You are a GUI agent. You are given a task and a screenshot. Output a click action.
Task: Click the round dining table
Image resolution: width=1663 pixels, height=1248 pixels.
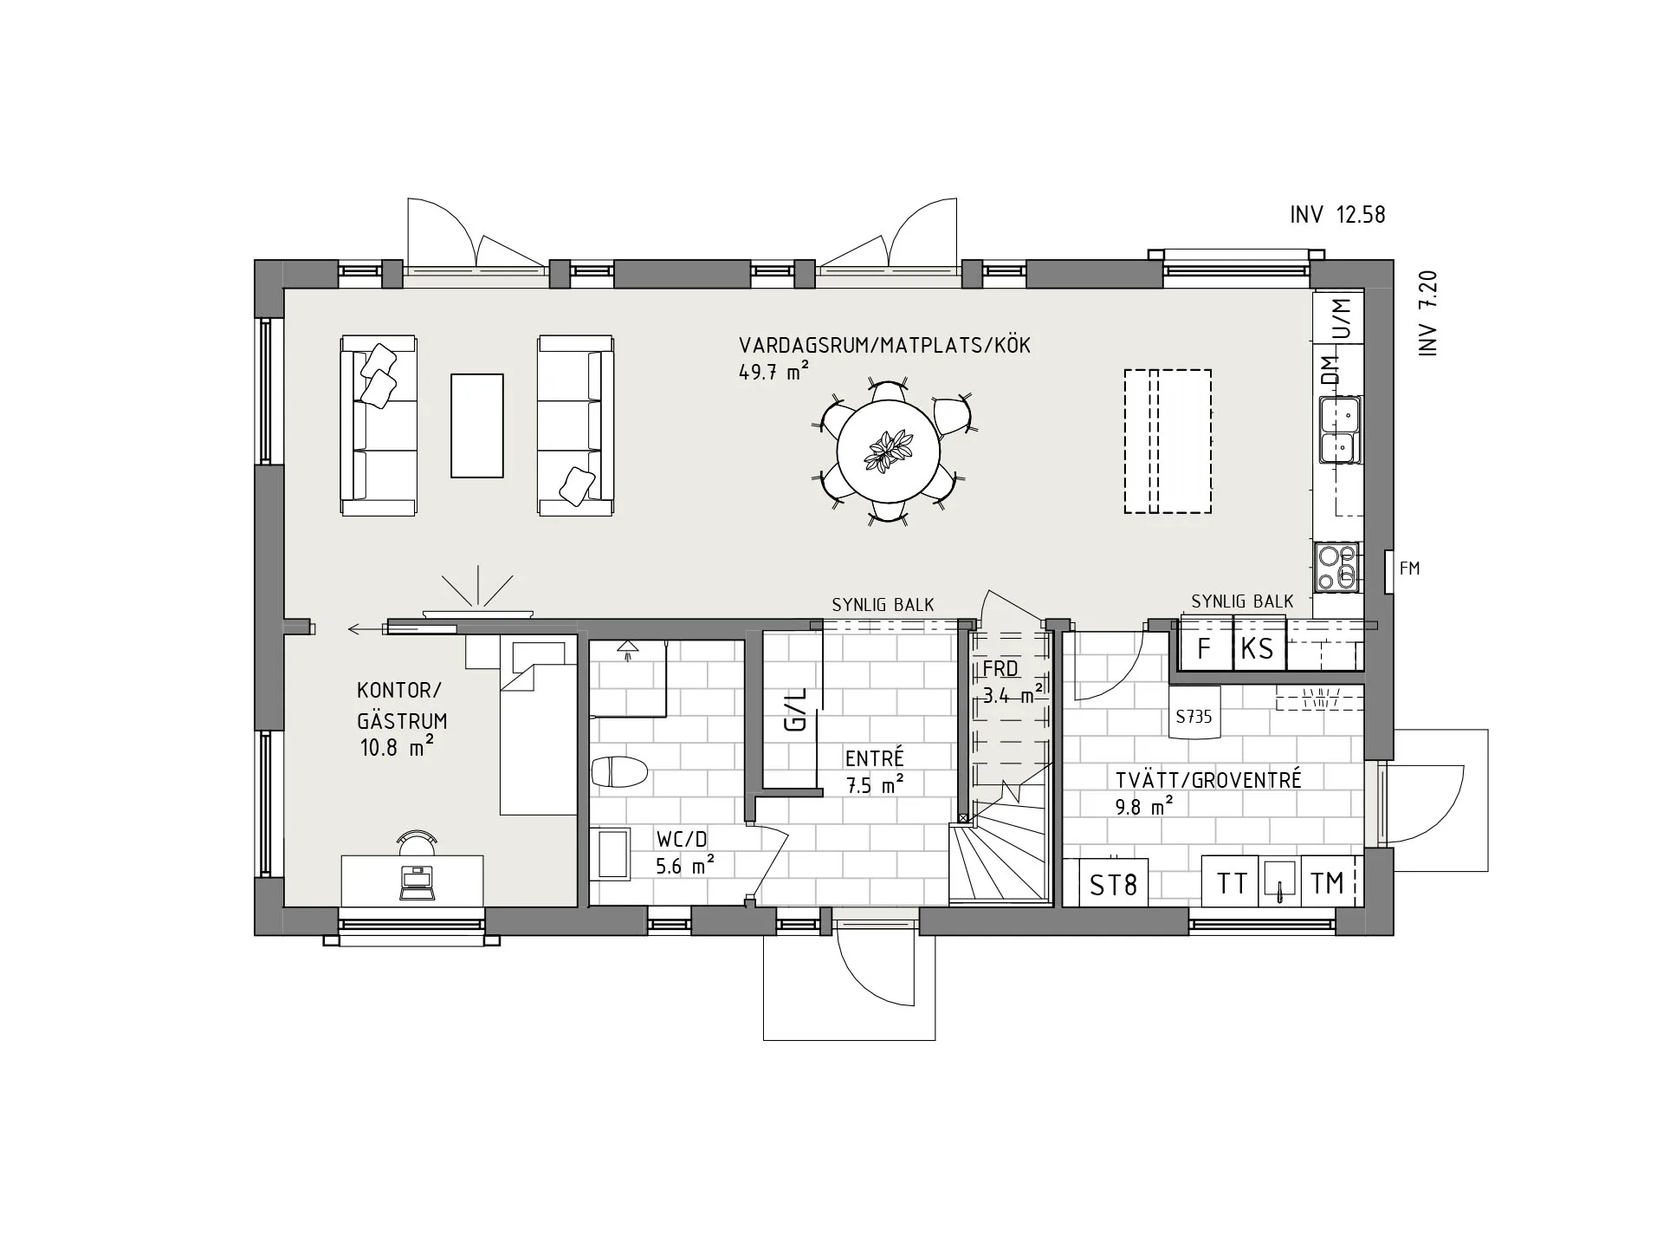coord(888,452)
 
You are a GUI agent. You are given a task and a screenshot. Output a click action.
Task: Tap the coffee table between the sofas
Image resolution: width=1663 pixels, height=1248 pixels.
coord(476,426)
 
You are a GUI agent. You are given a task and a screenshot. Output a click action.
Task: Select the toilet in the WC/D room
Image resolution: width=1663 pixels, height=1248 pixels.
coord(620,771)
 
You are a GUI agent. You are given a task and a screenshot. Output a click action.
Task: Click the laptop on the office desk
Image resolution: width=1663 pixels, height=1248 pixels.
coord(415,881)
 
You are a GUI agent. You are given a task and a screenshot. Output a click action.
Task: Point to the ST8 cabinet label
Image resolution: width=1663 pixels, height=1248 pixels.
coord(1113,885)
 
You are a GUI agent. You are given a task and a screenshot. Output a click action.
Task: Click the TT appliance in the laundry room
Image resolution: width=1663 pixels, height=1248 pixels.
coord(1231,882)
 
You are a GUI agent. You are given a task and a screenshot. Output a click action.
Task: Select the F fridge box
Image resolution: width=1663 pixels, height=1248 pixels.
coord(1204,647)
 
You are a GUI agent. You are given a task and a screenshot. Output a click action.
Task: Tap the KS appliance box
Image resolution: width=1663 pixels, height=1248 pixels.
coord(1259,647)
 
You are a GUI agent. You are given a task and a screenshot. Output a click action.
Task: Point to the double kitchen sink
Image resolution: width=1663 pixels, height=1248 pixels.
coord(1340,430)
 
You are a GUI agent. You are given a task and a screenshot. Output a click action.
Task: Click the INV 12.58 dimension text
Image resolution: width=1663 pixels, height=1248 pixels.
coord(1337,214)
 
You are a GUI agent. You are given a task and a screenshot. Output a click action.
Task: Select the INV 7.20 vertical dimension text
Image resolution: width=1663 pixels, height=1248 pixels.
coord(1428,314)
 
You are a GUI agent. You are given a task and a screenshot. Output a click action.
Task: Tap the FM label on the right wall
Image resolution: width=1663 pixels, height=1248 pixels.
coord(1409,569)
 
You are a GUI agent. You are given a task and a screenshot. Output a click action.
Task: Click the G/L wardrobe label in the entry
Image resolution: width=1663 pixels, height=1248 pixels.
coord(795,709)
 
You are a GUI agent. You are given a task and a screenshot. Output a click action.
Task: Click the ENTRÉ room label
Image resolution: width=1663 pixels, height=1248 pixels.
coord(875,758)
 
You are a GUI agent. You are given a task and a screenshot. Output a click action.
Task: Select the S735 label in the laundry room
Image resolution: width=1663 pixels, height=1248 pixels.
coord(1194,717)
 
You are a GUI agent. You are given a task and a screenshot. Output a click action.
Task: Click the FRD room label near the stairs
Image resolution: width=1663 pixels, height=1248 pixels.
coord(1000,668)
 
